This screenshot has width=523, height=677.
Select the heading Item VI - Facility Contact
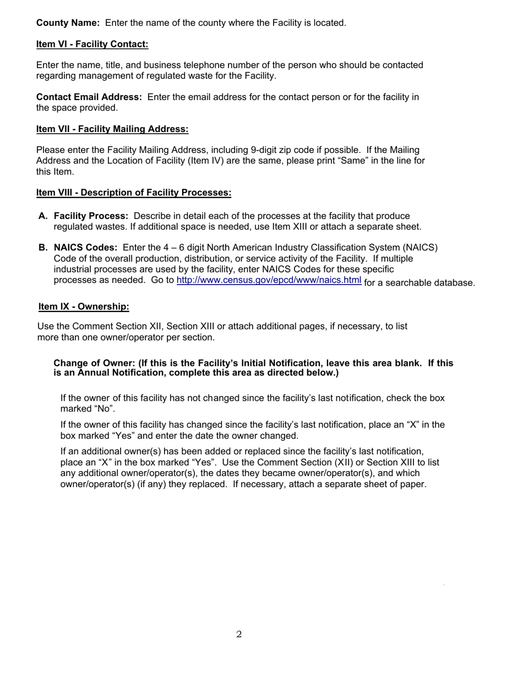(x=92, y=44)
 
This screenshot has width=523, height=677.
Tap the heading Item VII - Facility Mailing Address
(x=112, y=129)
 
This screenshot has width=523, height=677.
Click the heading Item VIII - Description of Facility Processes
(x=134, y=193)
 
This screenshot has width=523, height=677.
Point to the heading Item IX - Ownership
(x=84, y=306)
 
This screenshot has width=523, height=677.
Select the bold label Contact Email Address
(x=89, y=97)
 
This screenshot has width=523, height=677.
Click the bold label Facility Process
(x=91, y=216)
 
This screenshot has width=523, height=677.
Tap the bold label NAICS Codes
(x=85, y=248)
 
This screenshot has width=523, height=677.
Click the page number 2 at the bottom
(x=239, y=635)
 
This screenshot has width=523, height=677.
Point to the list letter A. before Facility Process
(x=43, y=216)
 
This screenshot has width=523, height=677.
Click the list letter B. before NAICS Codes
(x=43, y=248)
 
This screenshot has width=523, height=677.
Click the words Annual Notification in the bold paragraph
(x=122, y=373)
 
